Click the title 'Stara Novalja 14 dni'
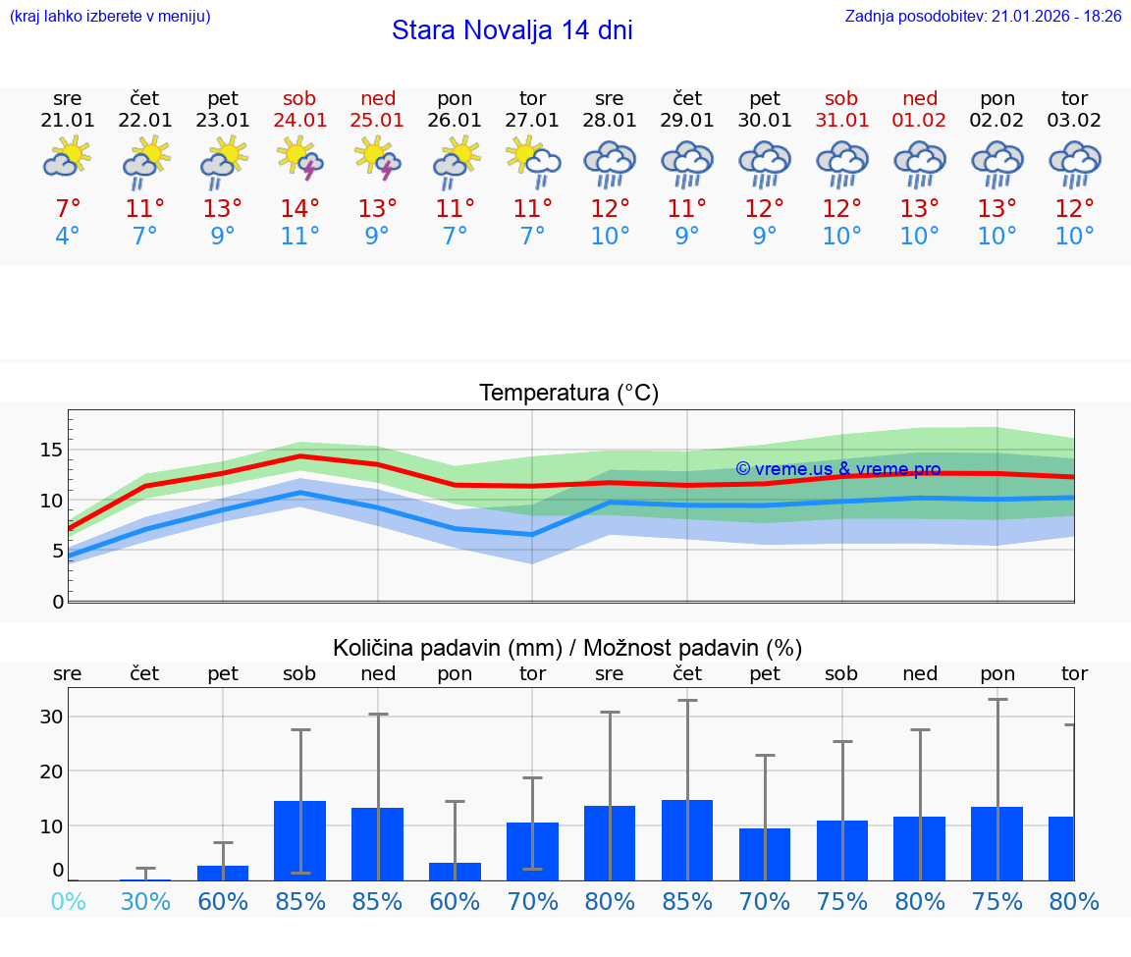coord(512,30)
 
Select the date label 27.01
coord(532,121)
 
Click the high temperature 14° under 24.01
coord(300,208)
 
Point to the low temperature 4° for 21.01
coord(68,237)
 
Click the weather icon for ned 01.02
coord(920,163)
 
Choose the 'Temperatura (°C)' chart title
coord(568,394)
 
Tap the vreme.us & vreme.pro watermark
coord(837,470)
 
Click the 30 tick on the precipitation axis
coord(51,717)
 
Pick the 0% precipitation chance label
coord(68,902)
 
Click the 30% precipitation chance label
coord(145,902)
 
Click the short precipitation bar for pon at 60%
coord(455,872)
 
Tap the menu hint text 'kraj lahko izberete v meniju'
coord(109,17)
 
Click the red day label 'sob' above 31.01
coord(841,98)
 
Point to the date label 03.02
coord(1074,121)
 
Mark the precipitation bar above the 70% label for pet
coord(765,854)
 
